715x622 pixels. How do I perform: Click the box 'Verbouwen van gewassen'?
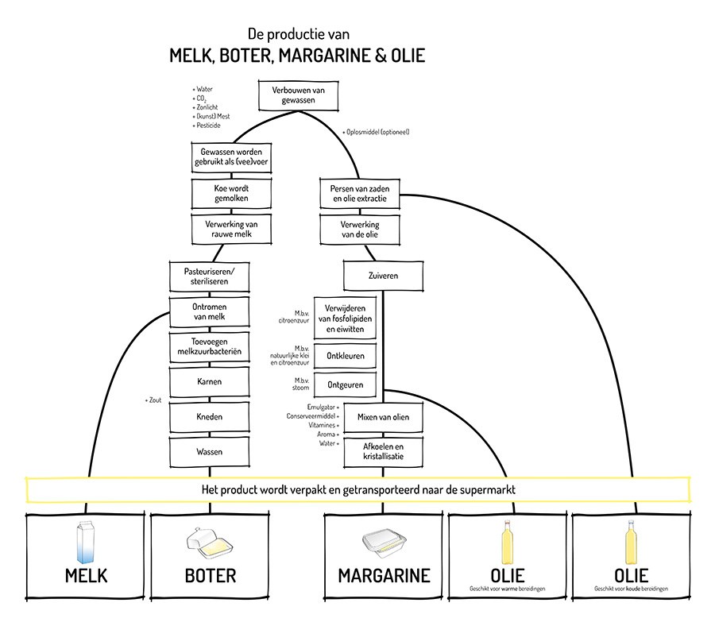(297, 96)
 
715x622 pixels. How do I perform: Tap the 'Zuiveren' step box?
(382, 276)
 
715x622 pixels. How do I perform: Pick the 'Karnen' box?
(210, 381)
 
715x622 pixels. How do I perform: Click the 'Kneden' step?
(210, 416)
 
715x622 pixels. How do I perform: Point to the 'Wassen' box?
(210, 451)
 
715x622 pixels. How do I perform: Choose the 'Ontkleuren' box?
(346, 355)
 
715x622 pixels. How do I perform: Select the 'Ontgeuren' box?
(346, 384)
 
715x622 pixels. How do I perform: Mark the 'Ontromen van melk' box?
(210, 311)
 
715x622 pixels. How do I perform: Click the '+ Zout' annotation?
(153, 400)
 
